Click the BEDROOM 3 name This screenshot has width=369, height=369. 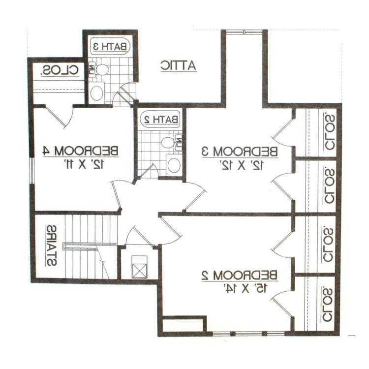240,152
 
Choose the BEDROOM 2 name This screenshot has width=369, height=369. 239,275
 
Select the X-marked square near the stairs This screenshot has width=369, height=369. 139,269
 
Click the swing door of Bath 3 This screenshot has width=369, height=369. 124,94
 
